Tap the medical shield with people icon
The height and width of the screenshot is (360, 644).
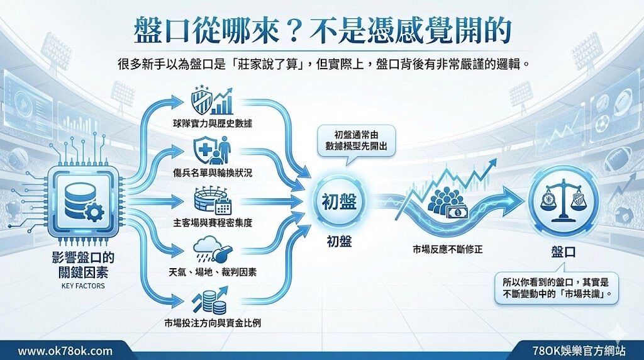pyautogui.click(x=212, y=150)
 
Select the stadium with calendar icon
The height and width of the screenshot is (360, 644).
pyautogui.click(x=213, y=201)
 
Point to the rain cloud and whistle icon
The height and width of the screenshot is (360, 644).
pyautogui.click(x=213, y=250)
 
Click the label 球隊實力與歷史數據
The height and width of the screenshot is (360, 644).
pyautogui.click(x=213, y=123)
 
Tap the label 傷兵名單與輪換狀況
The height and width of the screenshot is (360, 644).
pyautogui.click(x=213, y=172)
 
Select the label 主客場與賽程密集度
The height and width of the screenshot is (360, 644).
pyautogui.click(x=213, y=223)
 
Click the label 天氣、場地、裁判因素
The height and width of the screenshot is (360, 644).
pyautogui.click(x=213, y=272)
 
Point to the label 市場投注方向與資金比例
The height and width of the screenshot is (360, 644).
pyautogui.click(x=213, y=323)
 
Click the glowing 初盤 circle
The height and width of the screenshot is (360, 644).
pyautogui.click(x=339, y=202)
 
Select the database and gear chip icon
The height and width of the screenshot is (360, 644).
pyautogui.click(x=82, y=201)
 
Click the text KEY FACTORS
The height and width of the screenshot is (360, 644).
pyautogui.click(x=83, y=286)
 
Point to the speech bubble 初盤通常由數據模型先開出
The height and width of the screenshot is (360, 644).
pyautogui.click(x=356, y=140)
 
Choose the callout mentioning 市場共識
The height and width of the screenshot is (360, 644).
pyautogui.click(x=556, y=288)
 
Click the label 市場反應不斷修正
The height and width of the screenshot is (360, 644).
pyautogui.click(x=447, y=249)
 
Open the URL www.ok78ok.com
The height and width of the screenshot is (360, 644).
pyautogui.click(x=65, y=351)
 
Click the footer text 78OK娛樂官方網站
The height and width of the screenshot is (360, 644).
pyautogui.click(x=579, y=351)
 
